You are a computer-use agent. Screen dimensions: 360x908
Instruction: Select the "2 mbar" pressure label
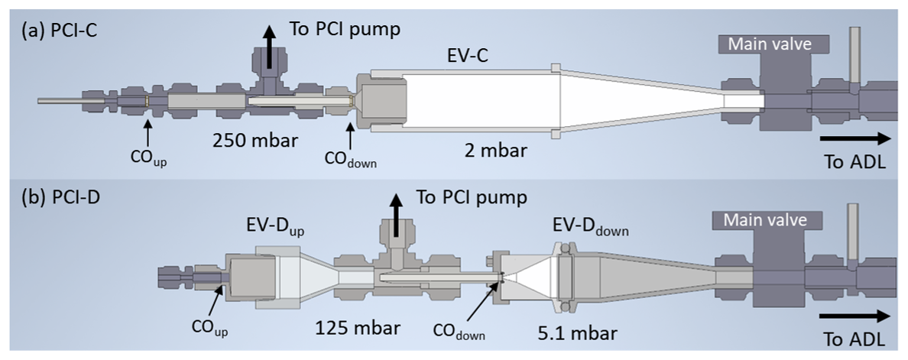tap(496, 150)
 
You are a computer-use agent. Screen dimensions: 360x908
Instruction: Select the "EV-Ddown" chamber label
tap(591, 228)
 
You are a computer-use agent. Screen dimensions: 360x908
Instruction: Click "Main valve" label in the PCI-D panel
tap(760, 221)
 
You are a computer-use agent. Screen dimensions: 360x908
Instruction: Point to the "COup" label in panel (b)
tap(209, 329)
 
